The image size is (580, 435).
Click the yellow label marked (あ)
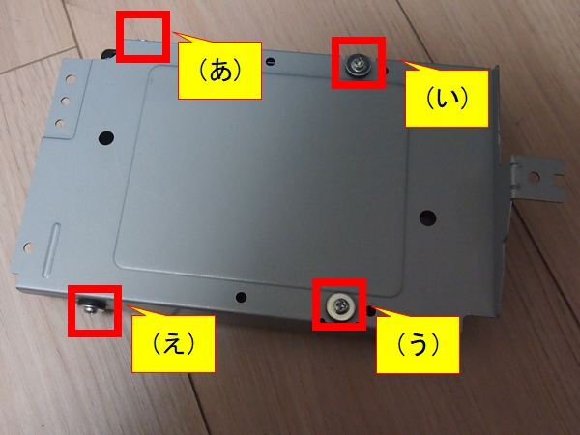coord(219,71)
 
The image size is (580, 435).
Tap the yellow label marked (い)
coord(447,99)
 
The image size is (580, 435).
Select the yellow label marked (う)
coord(418,345)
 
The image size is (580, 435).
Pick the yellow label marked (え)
coord(173,344)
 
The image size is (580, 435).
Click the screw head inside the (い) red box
coord(358,66)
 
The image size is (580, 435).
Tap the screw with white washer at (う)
coord(340,305)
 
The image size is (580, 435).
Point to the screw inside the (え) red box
coord(90,306)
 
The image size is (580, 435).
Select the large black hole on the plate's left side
coord(106,137)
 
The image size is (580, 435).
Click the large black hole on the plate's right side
coord(427,217)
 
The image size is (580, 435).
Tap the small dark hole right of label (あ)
coord(272,61)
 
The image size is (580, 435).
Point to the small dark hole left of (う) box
coord(241,297)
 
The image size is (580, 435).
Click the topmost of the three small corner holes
coord(71,79)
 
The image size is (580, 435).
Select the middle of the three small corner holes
coord(66,101)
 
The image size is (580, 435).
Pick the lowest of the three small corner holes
coord(60,123)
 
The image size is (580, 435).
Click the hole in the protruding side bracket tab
coord(534,178)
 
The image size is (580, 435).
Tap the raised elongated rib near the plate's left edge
coord(51,250)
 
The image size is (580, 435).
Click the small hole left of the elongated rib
coord(28,247)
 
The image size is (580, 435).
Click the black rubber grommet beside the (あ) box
coord(108,54)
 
